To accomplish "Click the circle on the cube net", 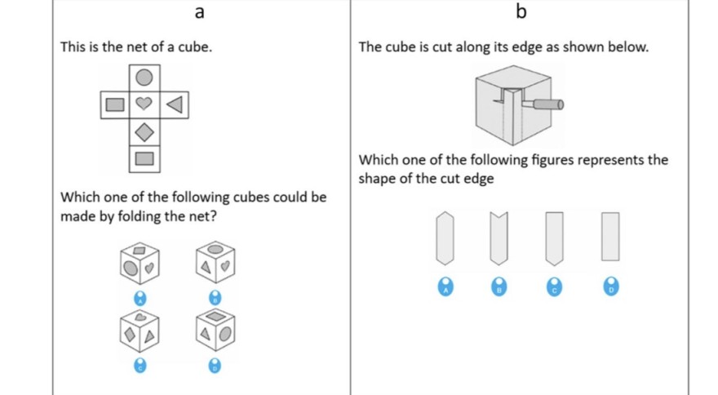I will click(x=144, y=78).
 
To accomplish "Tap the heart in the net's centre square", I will click(x=144, y=104).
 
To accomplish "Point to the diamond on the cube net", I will click(x=144, y=131).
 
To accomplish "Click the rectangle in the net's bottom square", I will click(x=144, y=158).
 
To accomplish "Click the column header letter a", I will click(x=200, y=12).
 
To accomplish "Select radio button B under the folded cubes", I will click(x=215, y=296).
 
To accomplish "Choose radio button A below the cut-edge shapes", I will click(x=445, y=286).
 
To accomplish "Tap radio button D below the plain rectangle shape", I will click(x=611, y=286).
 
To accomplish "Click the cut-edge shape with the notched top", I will click(x=499, y=237).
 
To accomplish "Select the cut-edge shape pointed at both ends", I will click(x=445, y=237).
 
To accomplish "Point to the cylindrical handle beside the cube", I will click(x=547, y=104).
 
